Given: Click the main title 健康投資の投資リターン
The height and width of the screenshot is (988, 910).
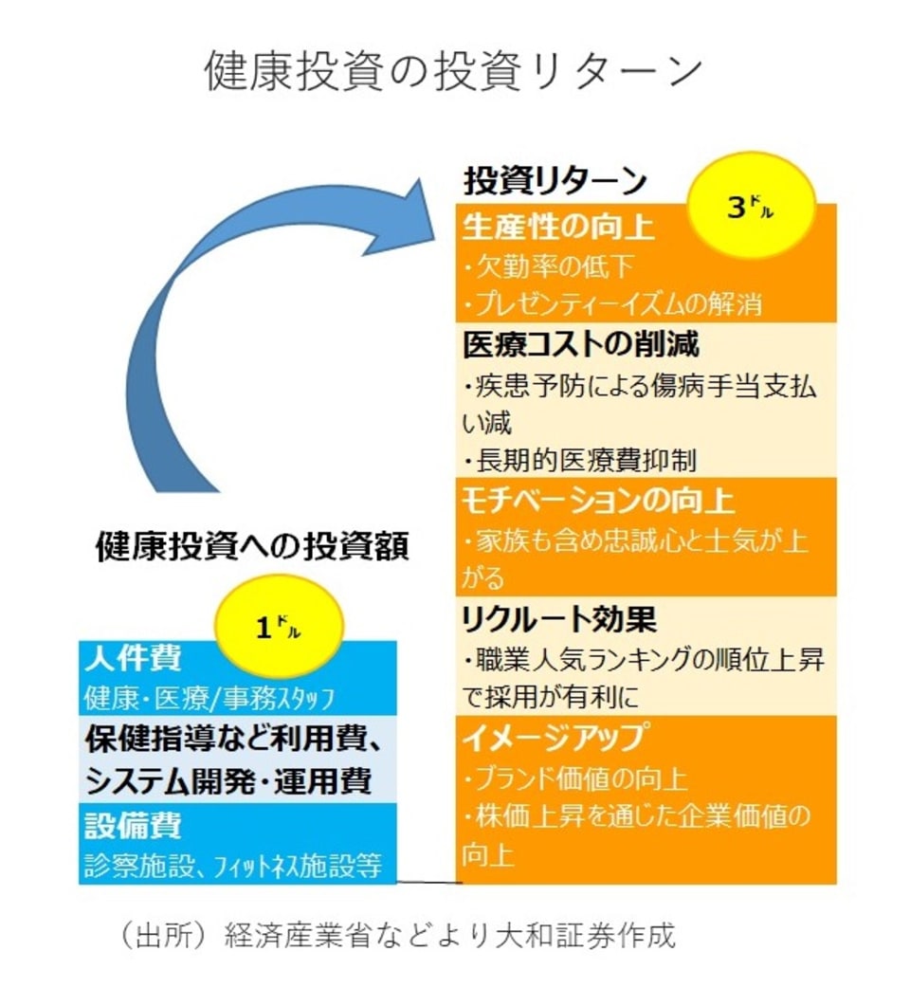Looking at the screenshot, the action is (454, 72).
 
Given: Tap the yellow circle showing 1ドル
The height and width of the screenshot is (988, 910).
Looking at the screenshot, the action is (279, 628).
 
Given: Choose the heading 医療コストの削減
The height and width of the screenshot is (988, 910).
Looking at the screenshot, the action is (581, 343).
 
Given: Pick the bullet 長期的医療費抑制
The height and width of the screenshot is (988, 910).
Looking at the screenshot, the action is (581, 461).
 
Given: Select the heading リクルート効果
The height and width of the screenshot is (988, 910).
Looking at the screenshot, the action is (558, 618).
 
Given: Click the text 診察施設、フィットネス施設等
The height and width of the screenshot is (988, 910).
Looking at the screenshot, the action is (232, 865).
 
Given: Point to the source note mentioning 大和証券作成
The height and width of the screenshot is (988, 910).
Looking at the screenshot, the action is (398, 937).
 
